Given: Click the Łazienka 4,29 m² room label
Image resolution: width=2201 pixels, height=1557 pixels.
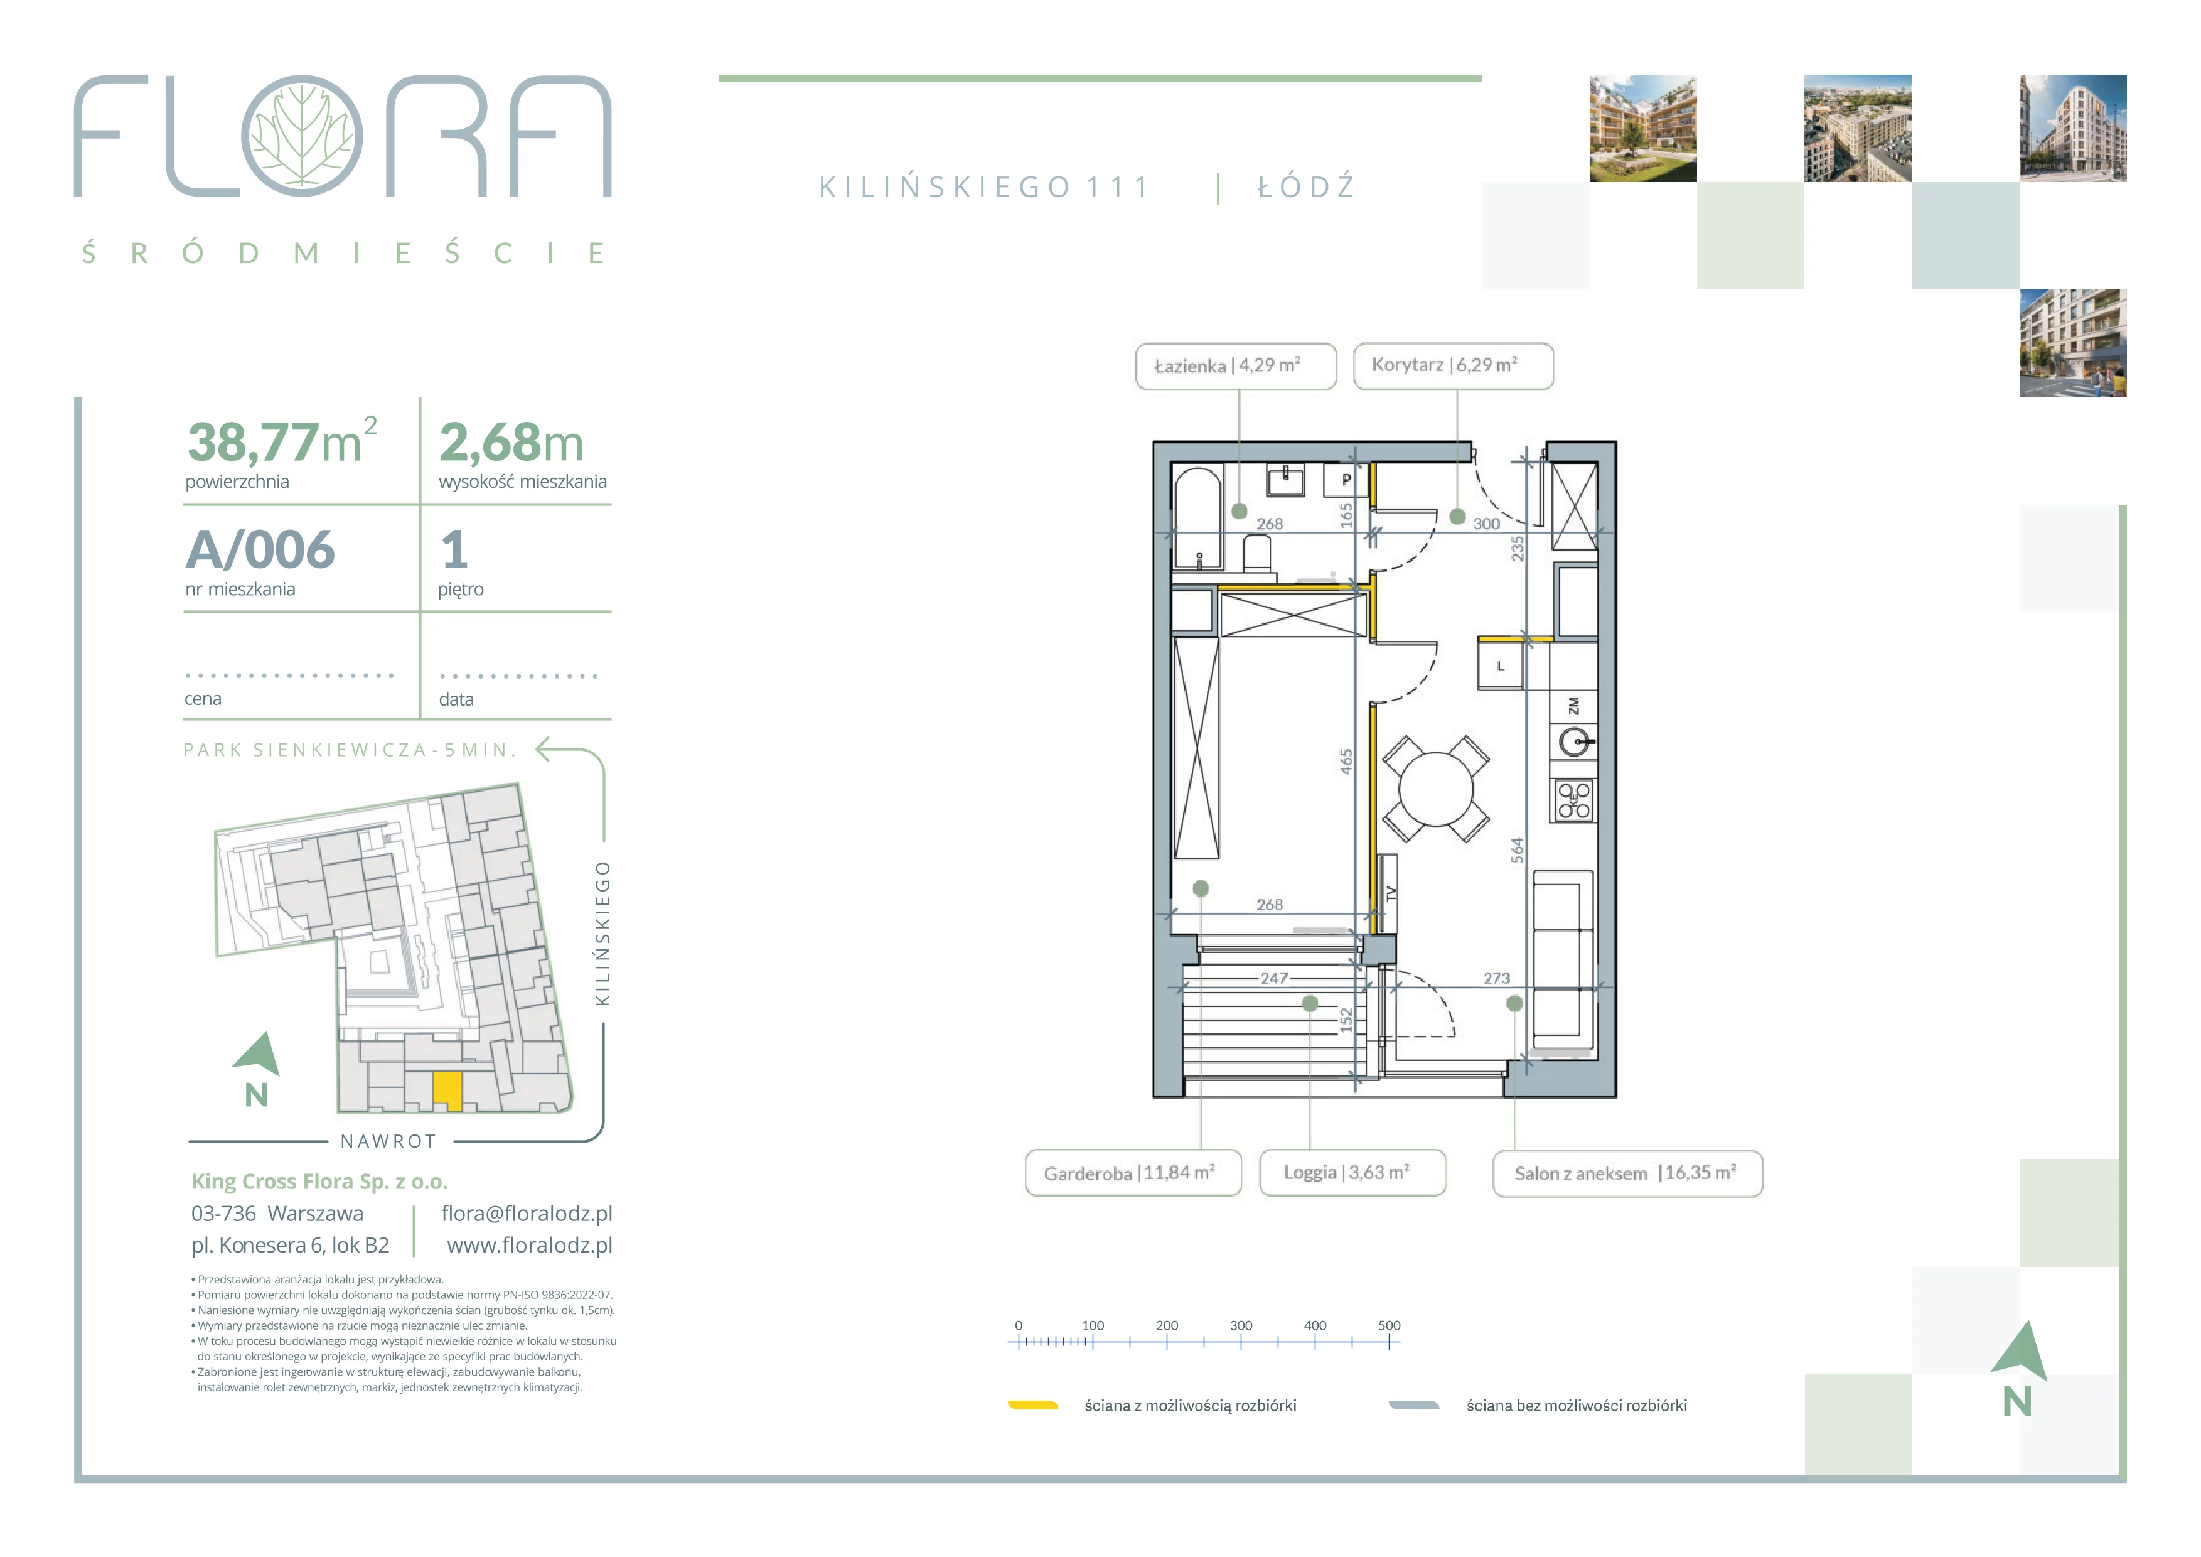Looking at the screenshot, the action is pyautogui.click(x=1236, y=366).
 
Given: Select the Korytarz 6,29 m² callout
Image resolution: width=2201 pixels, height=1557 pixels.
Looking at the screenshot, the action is pyautogui.click(x=1454, y=366).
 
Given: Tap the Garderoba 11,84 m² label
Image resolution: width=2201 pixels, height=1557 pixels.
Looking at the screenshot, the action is pyautogui.click(x=1133, y=1173).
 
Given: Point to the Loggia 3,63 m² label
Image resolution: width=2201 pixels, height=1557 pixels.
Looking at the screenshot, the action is pyautogui.click(x=1352, y=1173).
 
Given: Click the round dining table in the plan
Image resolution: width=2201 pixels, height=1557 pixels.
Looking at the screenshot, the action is pyautogui.click(x=1436, y=789).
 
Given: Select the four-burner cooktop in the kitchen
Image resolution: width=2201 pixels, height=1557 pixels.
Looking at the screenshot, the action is pyautogui.click(x=1573, y=800).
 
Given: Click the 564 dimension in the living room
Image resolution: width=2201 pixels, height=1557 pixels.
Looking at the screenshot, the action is pyautogui.click(x=1516, y=849).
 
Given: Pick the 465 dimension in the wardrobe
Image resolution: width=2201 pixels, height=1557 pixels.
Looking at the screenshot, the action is pyautogui.click(x=1346, y=762).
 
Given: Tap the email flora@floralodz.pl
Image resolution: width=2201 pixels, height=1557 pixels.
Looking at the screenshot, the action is pyautogui.click(x=527, y=1214).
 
